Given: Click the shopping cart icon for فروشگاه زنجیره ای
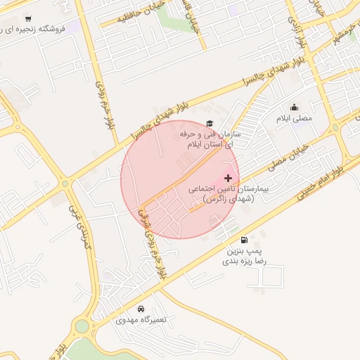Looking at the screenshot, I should click(27, 19).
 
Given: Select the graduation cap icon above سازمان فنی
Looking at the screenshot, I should click(209, 123).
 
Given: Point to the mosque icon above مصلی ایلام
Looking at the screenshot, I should click(293, 108).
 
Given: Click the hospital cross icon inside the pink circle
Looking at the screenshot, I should click(228, 179).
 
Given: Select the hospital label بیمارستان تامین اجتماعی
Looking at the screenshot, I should click(224, 194).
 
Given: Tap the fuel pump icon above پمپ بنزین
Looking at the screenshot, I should click(244, 240).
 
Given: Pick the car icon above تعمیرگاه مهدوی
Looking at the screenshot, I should click(141, 309).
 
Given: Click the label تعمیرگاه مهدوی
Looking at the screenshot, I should click(141, 320).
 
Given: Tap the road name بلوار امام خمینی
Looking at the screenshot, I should click(321, 180).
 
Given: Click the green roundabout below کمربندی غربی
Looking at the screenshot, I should click(82, 326).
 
